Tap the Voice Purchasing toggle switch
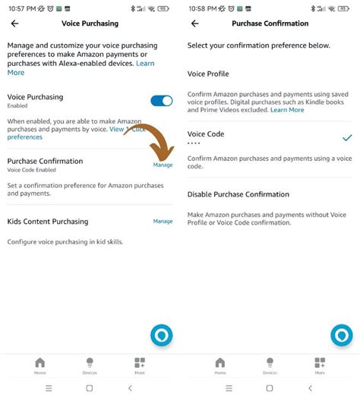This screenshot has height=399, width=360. tap(162, 101)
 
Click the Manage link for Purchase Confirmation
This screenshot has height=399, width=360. tap(163, 165)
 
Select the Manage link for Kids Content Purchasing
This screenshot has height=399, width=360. tap(163, 221)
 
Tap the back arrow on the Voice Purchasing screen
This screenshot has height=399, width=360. tap(14, 24)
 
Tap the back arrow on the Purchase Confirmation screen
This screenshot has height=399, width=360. tap(194, 24)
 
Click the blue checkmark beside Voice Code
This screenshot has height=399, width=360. tap(347, 138)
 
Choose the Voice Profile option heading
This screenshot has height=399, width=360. tap(208, 74)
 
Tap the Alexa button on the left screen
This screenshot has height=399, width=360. tap(162, 335)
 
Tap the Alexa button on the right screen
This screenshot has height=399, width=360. tap(342, 335)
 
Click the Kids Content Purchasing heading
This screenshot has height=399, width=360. tap(48, 221)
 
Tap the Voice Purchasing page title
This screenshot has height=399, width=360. tap(90, 24)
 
